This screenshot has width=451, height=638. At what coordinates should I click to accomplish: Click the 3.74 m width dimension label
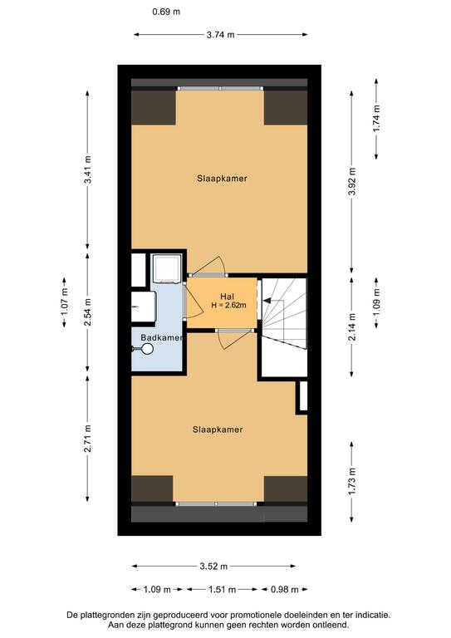pos(220,35)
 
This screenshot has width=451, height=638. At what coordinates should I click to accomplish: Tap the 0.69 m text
pos(166,12)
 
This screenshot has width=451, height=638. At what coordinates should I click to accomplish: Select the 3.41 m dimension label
pos(87,169)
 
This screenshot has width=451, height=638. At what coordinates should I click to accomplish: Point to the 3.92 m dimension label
pos(352,181)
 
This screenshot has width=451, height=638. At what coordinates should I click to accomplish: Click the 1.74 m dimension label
pos(376,119)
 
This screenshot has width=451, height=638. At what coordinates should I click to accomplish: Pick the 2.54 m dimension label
pos(87,312)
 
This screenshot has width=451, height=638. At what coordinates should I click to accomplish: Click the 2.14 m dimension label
pos(352,326)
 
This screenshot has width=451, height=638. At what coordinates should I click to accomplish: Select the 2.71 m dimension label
pos(87,439)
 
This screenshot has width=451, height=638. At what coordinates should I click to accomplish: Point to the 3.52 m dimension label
pos(213,566)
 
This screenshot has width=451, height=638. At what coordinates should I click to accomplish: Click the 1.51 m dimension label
pos(222,589)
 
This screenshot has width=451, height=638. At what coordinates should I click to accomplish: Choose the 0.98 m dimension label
pos(285,589)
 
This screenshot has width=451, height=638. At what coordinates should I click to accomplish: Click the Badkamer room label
pos(161,338)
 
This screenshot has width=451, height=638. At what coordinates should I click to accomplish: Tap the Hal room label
pos(227,297)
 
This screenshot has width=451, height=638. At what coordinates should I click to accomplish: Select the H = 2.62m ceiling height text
pos(228,305)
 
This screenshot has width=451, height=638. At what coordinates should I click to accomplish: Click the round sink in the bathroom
pos(147,349)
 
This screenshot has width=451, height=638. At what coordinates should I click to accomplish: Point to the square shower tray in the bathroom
pos(166,268)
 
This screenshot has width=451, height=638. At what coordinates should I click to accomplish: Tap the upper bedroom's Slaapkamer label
pos(222,179)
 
